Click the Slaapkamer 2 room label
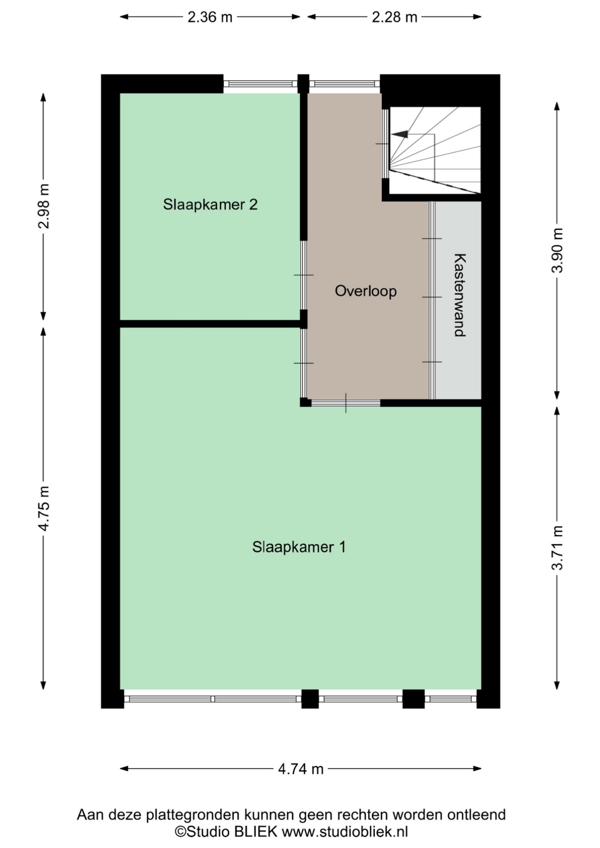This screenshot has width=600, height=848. point(210,205)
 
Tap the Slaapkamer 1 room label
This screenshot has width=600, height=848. point(299,547)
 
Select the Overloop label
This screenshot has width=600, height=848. point(366,291)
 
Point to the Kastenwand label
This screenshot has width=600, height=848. point(460,295)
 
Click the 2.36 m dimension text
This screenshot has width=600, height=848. point(210,17)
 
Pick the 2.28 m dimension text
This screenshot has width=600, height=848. point(395,17)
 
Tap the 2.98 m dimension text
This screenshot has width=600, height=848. point(44,206)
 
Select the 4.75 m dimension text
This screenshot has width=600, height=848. point(44,508)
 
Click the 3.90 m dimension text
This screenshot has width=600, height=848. point(557,251)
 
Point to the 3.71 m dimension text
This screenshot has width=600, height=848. point(557,548)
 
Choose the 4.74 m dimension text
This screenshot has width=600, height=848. point(301,769)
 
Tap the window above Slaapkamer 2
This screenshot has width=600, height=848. point(260,84)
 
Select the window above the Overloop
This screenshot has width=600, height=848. point(344,84)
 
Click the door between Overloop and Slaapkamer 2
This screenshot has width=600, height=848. point(304,275)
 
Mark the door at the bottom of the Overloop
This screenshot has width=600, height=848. point(346,403)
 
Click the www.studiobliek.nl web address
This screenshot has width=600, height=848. point(345,832)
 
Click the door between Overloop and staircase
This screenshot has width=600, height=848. point(385,143)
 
